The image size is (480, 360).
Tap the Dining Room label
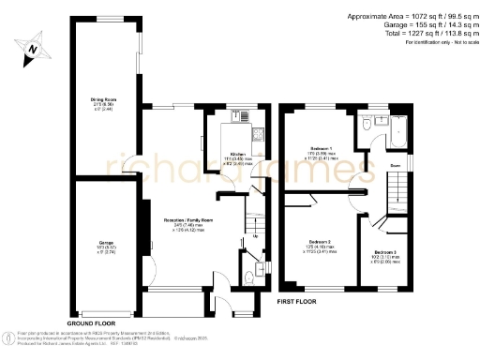click(x=103, y=97)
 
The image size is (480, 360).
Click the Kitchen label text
click(x=239, y=155)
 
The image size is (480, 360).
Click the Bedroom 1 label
click(x=323, y=148)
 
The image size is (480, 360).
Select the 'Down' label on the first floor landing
click(x=396, y=166)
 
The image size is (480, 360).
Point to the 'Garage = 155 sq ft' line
click(x=412, y=25)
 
